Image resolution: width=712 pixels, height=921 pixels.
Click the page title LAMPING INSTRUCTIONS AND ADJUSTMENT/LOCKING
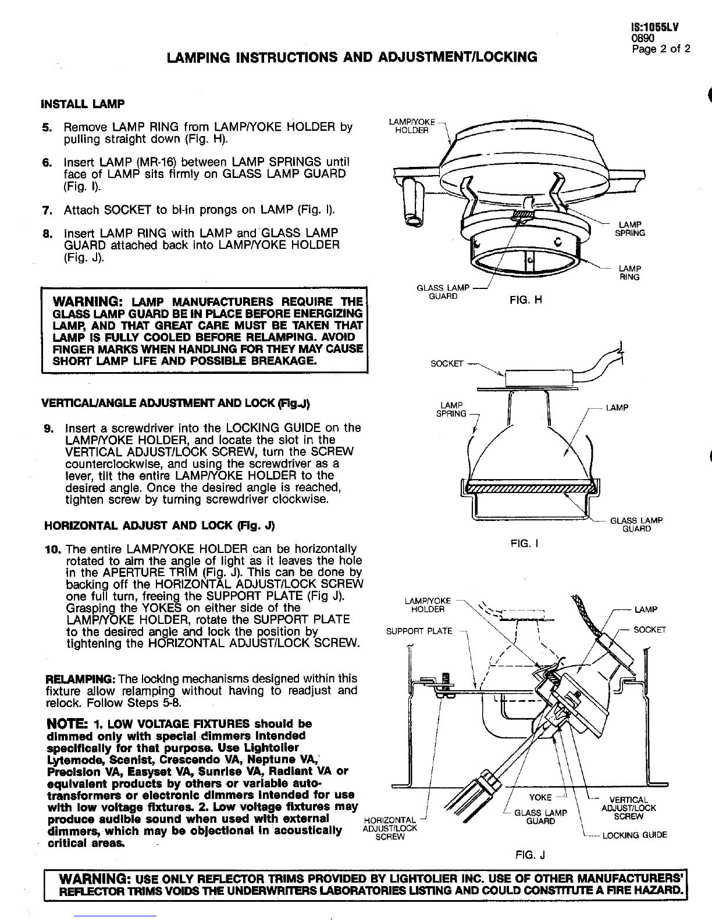point(351,57)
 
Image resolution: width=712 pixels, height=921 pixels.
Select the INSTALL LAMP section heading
point(83,105)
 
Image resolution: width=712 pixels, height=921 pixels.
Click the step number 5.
point(47,127)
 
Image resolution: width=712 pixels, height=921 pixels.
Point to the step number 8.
point(47,233)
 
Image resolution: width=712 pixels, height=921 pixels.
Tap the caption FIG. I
point(525,543)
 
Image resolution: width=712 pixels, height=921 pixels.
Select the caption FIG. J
point(530,855)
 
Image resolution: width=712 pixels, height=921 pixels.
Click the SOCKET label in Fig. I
point(447,364)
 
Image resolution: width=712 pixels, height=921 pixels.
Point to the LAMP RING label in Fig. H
point(629,273)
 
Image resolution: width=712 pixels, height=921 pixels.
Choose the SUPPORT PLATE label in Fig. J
point(419,631)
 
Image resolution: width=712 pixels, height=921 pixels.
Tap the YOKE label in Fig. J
point(540,798)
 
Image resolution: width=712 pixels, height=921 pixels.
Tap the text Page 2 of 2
point(661,48)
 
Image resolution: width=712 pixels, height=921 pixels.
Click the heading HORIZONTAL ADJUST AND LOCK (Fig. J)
point(159,526)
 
